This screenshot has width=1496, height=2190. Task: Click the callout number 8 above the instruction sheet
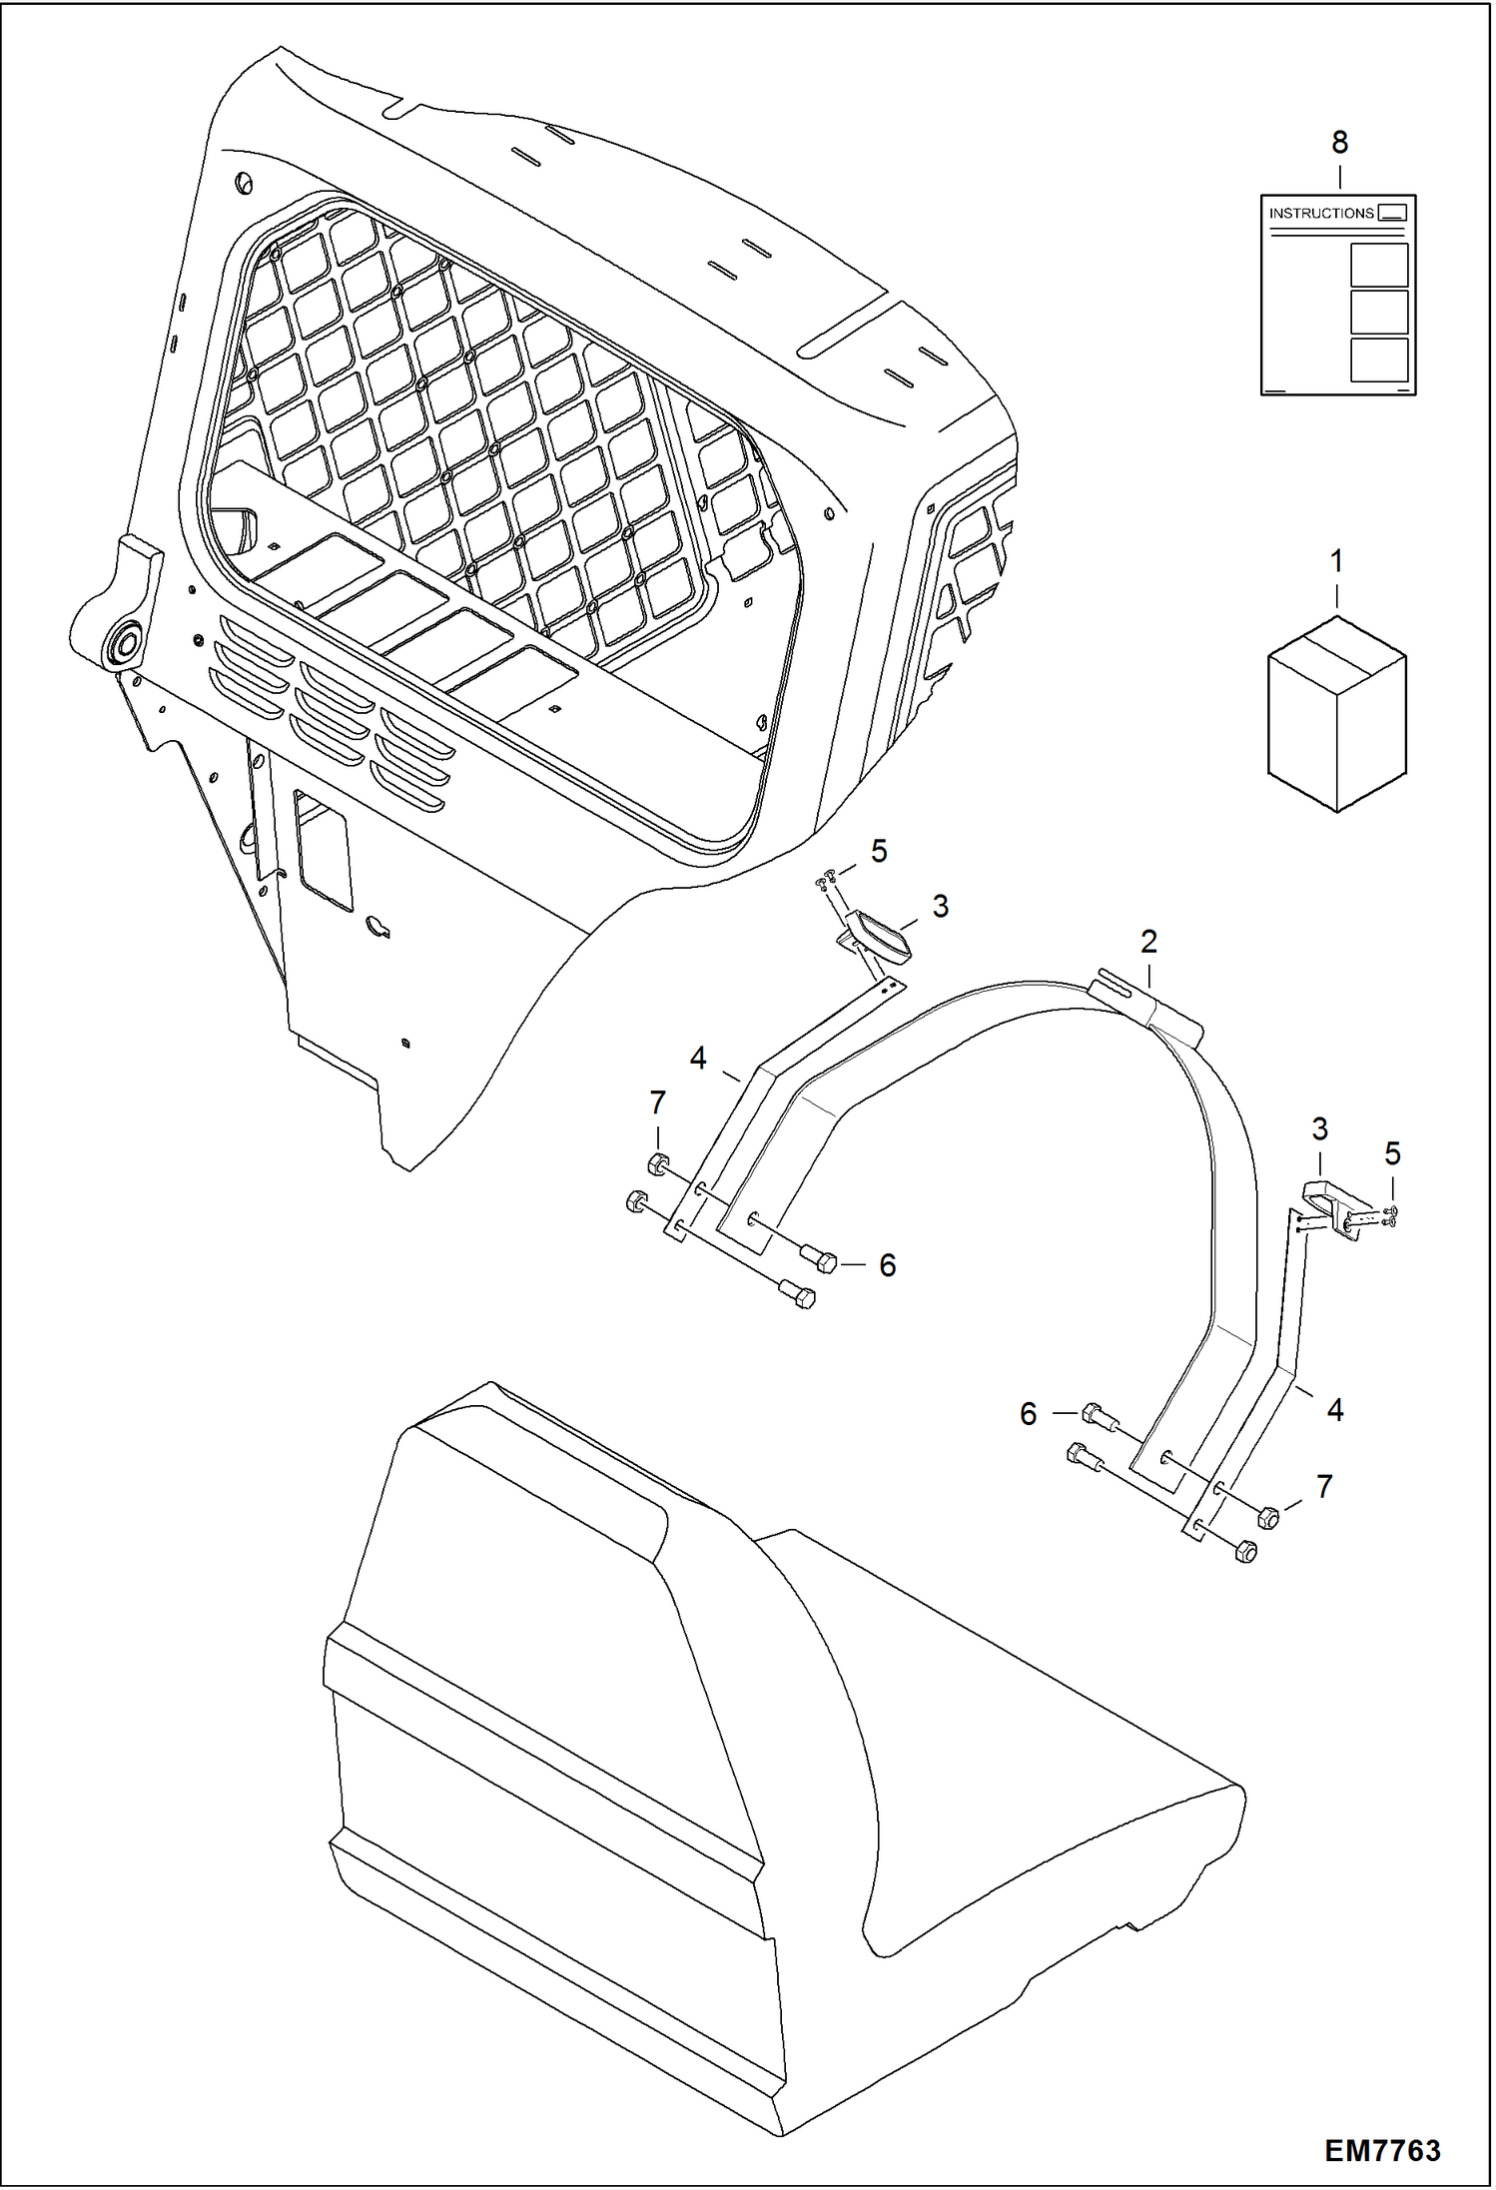[x=1339, y=144]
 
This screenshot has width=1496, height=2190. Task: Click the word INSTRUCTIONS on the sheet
[x=1320, y=213]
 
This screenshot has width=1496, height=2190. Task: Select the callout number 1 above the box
[x=1336, y=562]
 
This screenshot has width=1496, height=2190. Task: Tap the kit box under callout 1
[x=1336, y=713]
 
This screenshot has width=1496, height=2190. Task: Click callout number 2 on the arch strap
[x=1148, y=941]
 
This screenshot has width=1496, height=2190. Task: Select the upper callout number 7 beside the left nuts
[x=657, y=1103]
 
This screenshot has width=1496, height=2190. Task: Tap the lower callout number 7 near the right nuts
[x=1324, y=1487]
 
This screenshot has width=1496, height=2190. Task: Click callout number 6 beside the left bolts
[x=887, y=1266]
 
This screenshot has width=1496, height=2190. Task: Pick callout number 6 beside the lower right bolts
[x=1029, y=1414]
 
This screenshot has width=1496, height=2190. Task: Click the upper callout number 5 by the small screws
[x=879, y=851]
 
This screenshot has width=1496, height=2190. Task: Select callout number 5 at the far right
[x=1392, y=1154]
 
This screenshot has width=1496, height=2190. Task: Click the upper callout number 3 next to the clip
[x=940, y=907]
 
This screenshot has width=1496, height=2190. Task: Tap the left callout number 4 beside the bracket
[x=698, y=1058]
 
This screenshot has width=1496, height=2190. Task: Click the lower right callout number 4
[x=1335, y=1410]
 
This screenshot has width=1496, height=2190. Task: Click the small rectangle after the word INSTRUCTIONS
[x=1392, y=213]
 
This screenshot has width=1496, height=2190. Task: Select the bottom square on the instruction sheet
[x=1378, y=360]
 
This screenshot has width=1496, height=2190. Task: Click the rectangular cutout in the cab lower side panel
[x=323, y=855]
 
